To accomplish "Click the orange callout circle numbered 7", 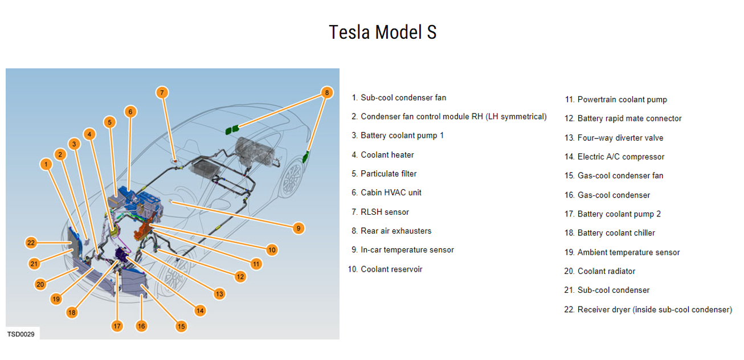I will point(162,92).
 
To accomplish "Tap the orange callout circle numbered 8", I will point(326,92).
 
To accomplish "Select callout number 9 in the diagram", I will point(297,228).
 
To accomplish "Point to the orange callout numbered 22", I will point(31,243).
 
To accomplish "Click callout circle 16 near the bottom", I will point(141,326).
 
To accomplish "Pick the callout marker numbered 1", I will point(46,165).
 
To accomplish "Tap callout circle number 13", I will point(219,294).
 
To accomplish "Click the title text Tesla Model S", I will point(382,32).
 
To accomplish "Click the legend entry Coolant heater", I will point(387,155).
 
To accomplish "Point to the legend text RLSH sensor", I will point(385,212).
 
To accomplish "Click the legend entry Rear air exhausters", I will point(396,231).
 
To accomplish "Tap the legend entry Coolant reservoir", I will point(391,269).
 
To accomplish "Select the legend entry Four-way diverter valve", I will point(620,138).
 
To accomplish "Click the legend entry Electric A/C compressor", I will point(620,157).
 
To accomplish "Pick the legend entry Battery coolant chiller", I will point(616,233).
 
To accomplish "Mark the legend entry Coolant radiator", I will point(606,271).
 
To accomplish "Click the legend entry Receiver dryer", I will point(654,309).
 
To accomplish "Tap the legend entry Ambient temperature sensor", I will point(628,252).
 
